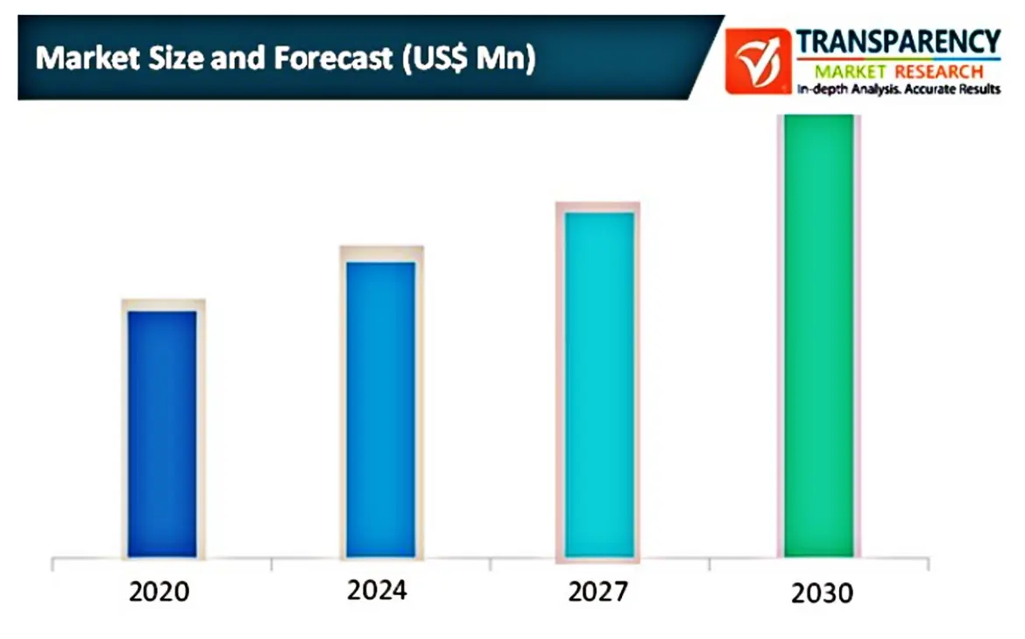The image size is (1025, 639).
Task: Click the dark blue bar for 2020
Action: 162,433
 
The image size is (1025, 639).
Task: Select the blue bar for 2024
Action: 381,409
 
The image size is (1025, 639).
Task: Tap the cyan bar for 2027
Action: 599,384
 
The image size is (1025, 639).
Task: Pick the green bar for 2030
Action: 818,336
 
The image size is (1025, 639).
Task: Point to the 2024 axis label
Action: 377,590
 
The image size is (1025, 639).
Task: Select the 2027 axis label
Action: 597,592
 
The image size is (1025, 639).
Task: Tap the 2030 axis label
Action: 822,593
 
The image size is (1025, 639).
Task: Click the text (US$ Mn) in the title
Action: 469,59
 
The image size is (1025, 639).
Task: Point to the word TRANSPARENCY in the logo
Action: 898,41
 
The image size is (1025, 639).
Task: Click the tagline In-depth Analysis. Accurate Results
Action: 898,89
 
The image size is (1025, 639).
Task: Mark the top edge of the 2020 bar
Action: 162,312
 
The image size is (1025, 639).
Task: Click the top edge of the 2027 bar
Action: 599,213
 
